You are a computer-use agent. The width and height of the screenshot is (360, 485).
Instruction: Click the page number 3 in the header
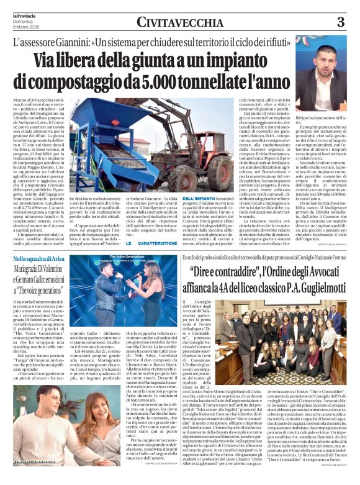click(340, 22)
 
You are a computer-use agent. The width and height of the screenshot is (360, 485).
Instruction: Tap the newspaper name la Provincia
click(19, 12)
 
